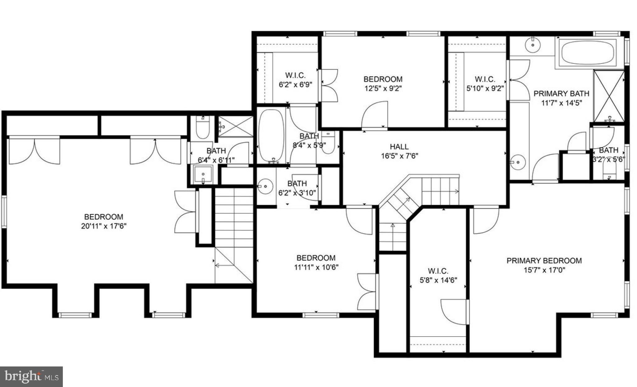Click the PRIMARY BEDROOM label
544,261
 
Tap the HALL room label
399,147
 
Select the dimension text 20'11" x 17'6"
104,226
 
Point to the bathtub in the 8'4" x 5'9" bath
271,135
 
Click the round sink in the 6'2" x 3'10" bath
266,186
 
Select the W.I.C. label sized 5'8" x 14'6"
438,271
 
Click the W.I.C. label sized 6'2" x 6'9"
295,75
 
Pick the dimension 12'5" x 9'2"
383,88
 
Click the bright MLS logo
31,377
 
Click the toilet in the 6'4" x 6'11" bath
202,128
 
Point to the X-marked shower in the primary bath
609,96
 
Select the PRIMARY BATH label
561,93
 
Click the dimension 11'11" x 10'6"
316,267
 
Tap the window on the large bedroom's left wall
4,211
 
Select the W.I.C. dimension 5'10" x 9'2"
485,88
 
